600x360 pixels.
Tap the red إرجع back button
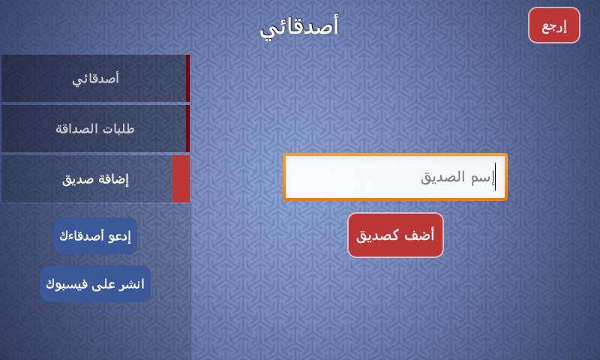click(554, 25)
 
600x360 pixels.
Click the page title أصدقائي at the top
click(299, 26)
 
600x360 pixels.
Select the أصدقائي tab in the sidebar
click(96, 79)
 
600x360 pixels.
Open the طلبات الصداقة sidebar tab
click(96, 128)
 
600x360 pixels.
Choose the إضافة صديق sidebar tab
click(96, 178)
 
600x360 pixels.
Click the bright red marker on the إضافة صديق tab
click(181, 178)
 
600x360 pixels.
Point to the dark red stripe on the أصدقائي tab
click(188, 79)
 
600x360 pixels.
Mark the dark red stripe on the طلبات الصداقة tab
click(188, 128)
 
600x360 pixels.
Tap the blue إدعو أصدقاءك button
click(95, 236)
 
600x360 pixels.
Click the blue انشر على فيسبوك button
click(95, 283)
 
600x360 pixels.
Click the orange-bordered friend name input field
click(395, 177)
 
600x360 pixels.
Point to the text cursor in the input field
click(495, 176)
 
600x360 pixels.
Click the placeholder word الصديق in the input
click(442, 178)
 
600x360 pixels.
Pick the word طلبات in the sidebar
click(118, 128)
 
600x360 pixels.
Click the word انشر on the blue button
click(132, 284)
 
